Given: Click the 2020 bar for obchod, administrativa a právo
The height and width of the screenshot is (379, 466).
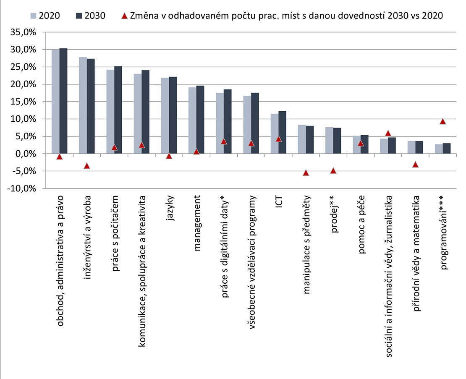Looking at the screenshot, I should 55,102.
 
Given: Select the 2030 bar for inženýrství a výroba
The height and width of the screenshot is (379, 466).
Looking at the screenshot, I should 91,106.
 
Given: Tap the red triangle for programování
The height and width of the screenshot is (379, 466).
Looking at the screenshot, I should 442,121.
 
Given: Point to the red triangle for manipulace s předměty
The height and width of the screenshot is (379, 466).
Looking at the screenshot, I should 306,173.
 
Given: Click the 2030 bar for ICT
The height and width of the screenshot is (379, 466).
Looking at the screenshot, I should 283,132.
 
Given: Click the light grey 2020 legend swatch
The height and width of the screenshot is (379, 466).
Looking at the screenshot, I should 34,16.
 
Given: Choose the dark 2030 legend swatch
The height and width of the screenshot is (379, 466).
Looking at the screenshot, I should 80,16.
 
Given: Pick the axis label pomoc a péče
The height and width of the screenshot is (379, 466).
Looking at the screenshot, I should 362,224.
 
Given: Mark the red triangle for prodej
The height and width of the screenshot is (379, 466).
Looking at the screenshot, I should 333,170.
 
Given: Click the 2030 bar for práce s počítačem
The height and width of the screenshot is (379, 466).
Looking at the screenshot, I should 118,110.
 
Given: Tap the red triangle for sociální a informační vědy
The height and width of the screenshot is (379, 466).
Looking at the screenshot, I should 387,133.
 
